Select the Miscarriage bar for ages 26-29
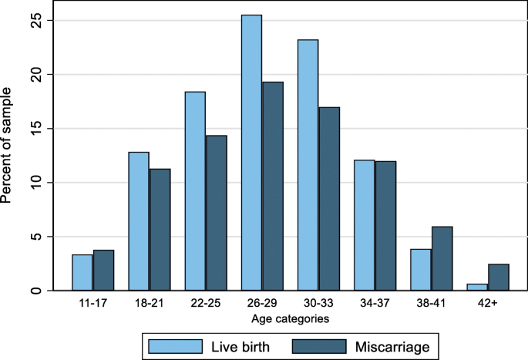(x=272, y=186)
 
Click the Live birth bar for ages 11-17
(x=82, y=273)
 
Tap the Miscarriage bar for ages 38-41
(x=442, y=258)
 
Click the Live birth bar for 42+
(x=477, y=288)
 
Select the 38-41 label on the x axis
(x=432, y=304)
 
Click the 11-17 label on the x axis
(x=92, y=304)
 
